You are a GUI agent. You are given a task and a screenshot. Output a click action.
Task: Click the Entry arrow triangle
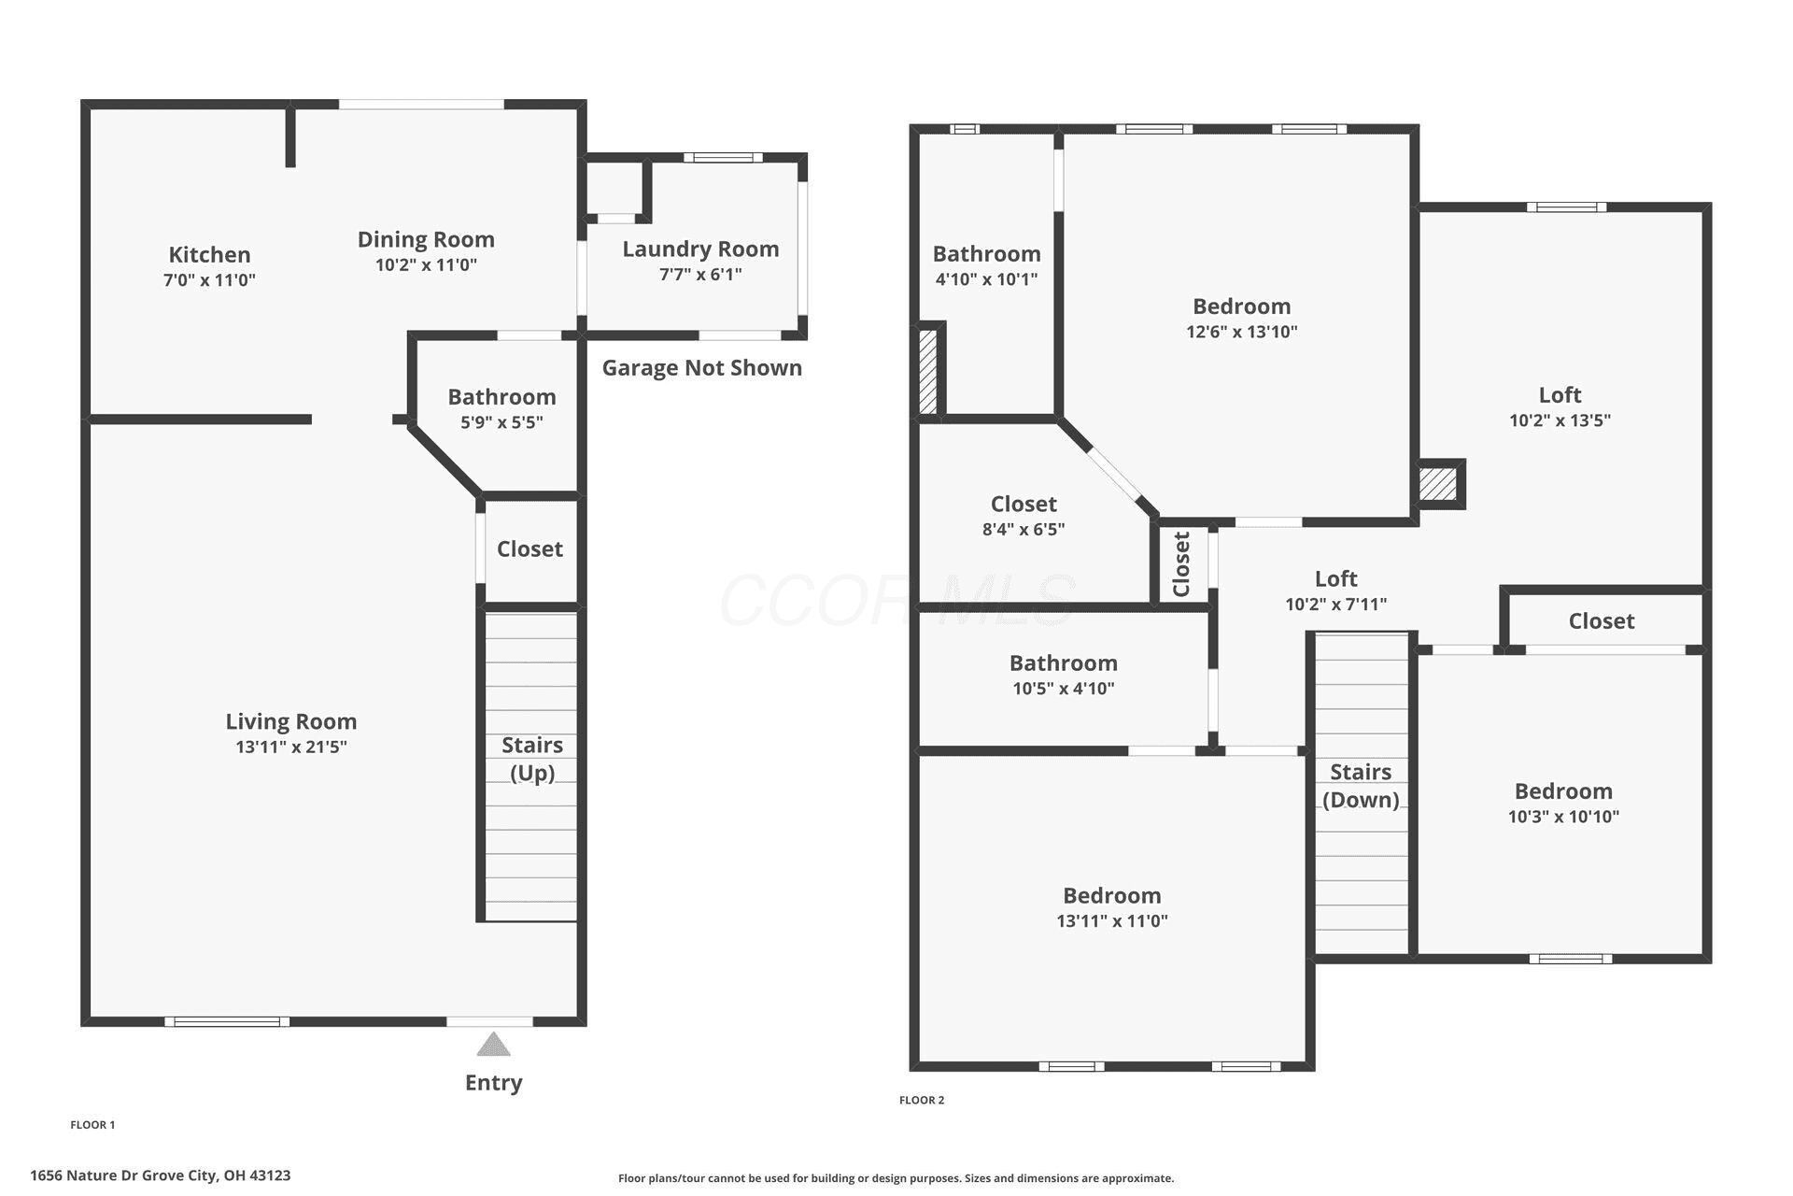493,1044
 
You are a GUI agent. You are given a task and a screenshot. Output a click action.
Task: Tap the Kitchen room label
209,254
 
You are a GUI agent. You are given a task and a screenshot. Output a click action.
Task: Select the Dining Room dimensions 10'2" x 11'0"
426,264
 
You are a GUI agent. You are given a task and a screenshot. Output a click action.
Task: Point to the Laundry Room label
700,249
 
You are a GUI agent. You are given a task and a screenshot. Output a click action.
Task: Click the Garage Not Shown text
701,367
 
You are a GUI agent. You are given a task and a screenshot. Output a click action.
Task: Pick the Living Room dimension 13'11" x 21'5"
291,747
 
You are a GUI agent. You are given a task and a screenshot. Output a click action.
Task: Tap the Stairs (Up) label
532,758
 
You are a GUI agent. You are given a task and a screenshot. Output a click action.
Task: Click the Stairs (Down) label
1361,785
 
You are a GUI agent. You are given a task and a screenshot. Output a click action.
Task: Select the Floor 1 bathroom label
501,396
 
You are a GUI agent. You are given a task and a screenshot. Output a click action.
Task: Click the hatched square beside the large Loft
1438,484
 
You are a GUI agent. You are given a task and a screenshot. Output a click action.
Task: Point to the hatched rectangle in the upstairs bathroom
928,372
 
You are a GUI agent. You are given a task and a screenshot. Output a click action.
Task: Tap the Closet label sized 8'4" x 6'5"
1024,504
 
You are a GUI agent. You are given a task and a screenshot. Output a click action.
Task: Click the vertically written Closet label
1181,564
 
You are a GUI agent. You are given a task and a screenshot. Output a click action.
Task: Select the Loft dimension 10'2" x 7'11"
1335,604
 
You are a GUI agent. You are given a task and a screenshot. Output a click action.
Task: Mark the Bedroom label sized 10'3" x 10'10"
1563,790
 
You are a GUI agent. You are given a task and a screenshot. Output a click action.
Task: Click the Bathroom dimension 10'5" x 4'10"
1064,689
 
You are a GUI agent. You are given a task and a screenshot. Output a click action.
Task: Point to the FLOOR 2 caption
922,1100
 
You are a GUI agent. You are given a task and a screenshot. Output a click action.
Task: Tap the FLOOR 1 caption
92,1125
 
